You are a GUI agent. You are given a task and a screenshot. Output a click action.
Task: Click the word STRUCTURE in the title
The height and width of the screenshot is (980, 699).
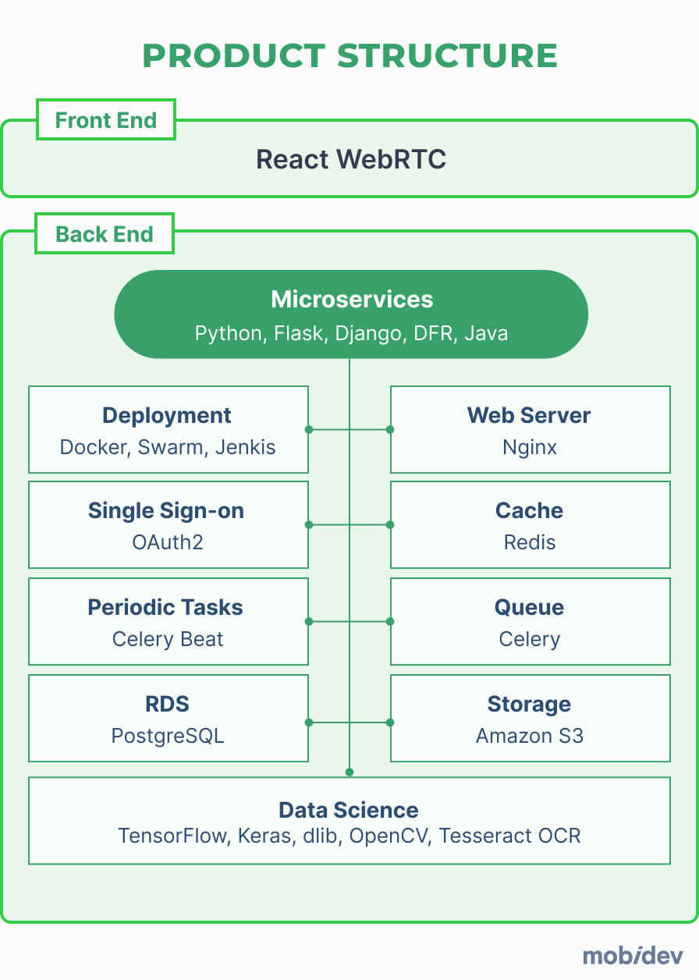coord(448,56)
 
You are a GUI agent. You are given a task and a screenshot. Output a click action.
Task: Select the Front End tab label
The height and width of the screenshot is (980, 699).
coord(105,120)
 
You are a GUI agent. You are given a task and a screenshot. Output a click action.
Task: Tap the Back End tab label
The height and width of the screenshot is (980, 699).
coord(105,234)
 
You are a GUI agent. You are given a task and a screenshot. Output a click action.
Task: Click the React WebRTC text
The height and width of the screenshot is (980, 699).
coord(351,159)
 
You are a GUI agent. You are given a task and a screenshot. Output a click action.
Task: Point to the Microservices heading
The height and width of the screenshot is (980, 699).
coord(351,299)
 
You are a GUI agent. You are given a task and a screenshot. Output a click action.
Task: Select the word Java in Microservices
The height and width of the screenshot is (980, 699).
coord(486,334)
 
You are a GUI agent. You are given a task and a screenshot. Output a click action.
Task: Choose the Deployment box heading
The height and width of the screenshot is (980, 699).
coord(167,415)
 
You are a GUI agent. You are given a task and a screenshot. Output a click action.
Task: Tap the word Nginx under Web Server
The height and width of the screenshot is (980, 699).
coord(530,448)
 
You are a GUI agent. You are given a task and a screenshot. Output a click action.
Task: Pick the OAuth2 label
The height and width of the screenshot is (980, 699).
coord(167,542)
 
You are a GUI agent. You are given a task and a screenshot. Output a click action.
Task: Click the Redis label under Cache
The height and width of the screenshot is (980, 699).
coord(530,542)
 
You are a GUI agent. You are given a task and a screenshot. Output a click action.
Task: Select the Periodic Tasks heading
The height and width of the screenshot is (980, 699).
coord(165,607)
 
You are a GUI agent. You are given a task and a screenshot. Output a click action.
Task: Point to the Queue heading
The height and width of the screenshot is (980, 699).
coord(529,607)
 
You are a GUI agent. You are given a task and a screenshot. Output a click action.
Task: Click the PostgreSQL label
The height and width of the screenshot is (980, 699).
coord(168,736)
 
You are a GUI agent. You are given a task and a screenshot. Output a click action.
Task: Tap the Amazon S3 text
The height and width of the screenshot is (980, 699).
coord(530,736)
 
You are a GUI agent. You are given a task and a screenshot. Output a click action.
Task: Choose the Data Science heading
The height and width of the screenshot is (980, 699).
coord(349,810)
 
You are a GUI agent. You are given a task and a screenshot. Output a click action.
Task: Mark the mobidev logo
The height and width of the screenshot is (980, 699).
coord(633,955)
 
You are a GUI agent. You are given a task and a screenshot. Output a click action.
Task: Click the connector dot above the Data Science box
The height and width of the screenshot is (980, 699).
coord(349,772)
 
